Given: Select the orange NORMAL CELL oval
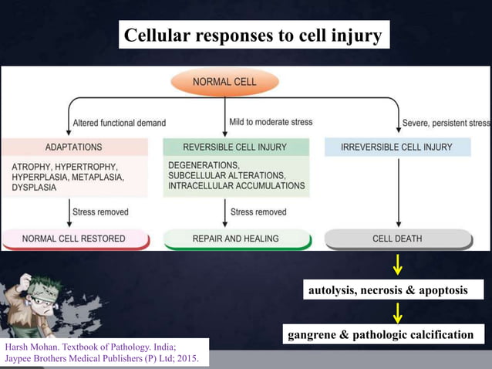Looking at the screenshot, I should point(224,81).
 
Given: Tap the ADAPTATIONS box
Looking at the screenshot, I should point(74,147).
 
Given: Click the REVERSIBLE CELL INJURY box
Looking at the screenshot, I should point(234,147).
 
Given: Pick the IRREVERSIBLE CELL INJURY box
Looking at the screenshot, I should point(397,147).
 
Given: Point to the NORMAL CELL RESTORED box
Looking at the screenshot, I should point(74,239).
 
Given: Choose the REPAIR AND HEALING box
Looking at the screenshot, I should point(234,239).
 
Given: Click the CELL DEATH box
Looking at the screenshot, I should point(397,239).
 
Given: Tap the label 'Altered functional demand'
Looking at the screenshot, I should point(119,123).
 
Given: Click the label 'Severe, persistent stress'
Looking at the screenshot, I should point(446,123).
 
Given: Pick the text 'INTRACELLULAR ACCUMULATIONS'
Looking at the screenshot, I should point(236,186).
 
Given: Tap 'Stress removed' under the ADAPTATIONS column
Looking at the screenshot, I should point(100,211).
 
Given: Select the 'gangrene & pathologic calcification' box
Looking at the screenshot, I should point(380,334).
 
